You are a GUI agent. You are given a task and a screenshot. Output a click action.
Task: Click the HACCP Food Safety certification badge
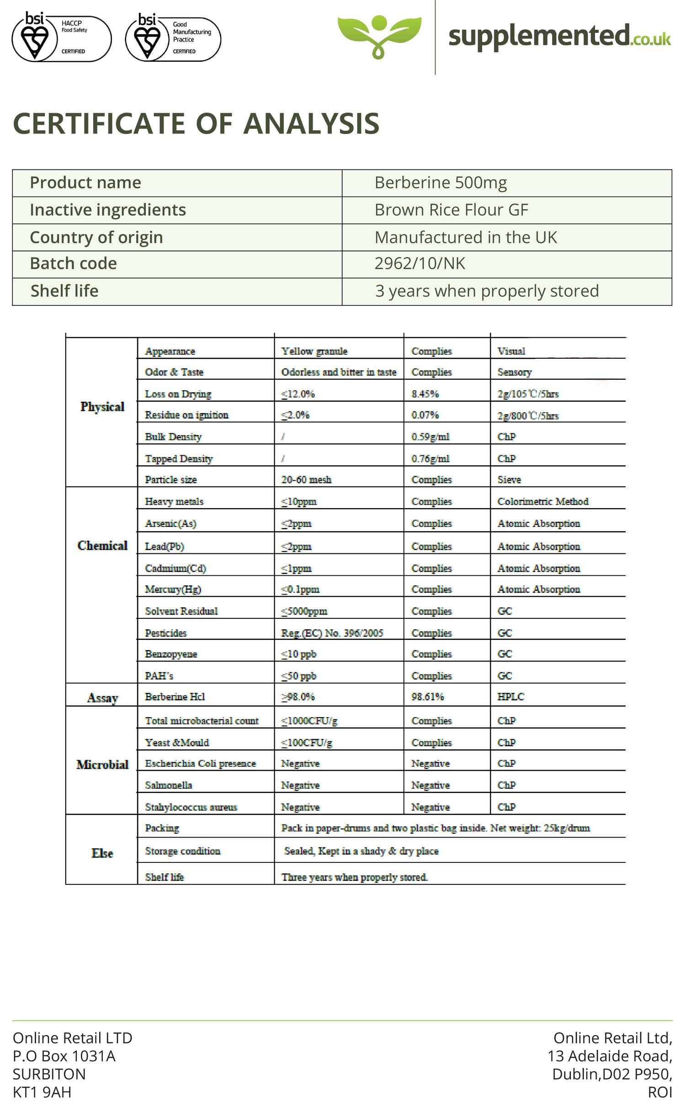(x=61, y=37)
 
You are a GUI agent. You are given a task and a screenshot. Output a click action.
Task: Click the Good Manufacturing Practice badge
(x=173, y=38)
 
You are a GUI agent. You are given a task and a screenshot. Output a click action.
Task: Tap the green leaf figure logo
(x=379, y=37)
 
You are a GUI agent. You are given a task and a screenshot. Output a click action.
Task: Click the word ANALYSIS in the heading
(x=311, y=124)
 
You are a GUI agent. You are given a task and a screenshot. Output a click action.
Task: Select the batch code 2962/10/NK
(x=420, y=264)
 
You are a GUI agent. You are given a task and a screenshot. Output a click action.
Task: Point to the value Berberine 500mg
(x=441, y=183)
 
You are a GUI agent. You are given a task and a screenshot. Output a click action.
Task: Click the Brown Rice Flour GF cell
(x=451, y=210)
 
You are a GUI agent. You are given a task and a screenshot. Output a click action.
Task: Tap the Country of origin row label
(x=96, y=238)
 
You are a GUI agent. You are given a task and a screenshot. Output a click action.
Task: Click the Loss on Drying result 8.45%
(x=425, y=394)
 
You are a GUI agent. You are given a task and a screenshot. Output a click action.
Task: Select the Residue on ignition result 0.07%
(x=425, y=415)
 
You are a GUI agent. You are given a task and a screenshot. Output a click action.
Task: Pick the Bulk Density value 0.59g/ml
(x=430, y=437)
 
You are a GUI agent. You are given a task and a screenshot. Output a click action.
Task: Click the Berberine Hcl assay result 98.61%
(x=427, y=697)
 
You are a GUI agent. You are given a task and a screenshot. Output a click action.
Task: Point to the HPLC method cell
(x=510, y=697)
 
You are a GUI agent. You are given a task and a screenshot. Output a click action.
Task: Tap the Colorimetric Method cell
(x=542, y=502)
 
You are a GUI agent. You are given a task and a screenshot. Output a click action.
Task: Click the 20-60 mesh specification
(x=306, y=480)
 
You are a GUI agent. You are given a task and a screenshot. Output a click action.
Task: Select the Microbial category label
(x=102, y=765)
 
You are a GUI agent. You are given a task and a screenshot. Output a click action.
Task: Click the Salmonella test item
(x=168, y=785)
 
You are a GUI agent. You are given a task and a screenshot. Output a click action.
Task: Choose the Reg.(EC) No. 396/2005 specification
(x=332, y=633)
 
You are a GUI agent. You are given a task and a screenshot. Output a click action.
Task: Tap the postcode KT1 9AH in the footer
(x=42, y=1092)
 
